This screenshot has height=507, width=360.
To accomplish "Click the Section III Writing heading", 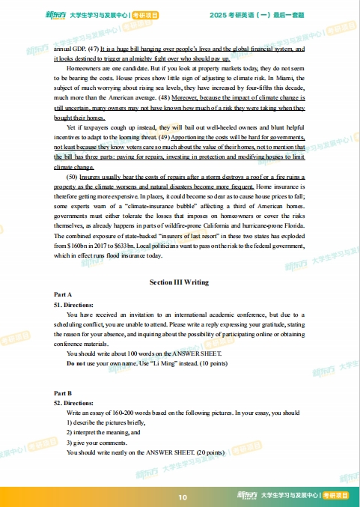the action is (180, 282).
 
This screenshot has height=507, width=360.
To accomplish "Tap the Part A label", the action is (62, 296).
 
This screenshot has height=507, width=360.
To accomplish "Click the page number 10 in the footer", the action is (183, 497).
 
